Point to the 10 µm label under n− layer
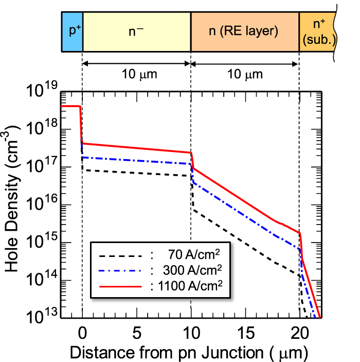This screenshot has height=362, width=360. pyautogui.click(x=136, y=75)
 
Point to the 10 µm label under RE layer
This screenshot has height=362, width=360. pyautogui.click(x=245, y=75)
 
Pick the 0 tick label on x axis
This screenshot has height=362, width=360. pyautogui.click(x=82, y=333)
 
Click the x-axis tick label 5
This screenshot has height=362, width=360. pyautogui.click(x=137, y=333)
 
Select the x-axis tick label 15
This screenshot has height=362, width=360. pyautogui.click(x=245, y=333)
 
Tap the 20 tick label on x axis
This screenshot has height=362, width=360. pyautogui.click(x=299, y=333)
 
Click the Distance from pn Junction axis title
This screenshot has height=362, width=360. pyautogui.click(x=188, y=352)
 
